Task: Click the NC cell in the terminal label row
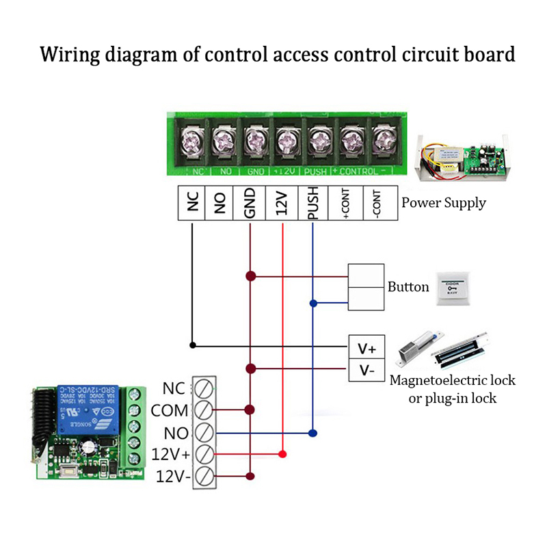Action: tap(192, 203)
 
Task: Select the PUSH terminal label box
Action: tap(312, 203)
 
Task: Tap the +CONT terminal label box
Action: tap(346, 203)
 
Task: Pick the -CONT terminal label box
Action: tap(378, 203)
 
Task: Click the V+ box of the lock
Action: tap(367, 347)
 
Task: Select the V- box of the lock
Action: tap(367, 370)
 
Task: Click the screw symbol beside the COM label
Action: tap(203, 410)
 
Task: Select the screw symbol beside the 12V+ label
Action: tap(203, 454)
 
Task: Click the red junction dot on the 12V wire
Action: tap(282, 454)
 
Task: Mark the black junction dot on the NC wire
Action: tap(193, 345)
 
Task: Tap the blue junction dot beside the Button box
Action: tap(313, 303)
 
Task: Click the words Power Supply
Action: tap(444, 202)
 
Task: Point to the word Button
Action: tap(408, 286)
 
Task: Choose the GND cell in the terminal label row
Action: tap(250, 203)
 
